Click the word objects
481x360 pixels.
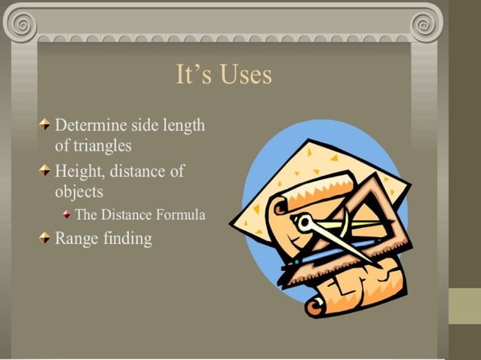tap(79, 191)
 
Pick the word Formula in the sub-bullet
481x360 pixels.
tap(180, 215)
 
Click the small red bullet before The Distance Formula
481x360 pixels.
tap(67, 215)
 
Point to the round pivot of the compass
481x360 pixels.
tap(304, 223)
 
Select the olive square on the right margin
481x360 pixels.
tap(464, 306)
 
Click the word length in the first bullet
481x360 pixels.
tap(184, 125)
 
